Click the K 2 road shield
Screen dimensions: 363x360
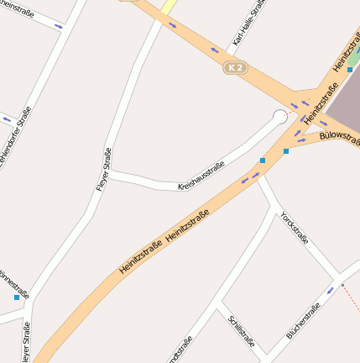236,67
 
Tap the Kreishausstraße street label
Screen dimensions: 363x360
201,175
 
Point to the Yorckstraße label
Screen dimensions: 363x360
295,227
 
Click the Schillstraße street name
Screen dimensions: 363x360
241,333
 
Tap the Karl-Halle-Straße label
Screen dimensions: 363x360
248,23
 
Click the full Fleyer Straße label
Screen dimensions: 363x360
103,168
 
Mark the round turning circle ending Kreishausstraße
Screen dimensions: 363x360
280,118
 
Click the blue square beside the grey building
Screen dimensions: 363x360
350,70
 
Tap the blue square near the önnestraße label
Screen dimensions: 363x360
17,297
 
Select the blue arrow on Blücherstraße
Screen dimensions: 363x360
331,291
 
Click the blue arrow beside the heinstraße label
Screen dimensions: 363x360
58,26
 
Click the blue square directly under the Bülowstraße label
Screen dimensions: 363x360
286,151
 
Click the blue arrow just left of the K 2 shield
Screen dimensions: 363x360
215,50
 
